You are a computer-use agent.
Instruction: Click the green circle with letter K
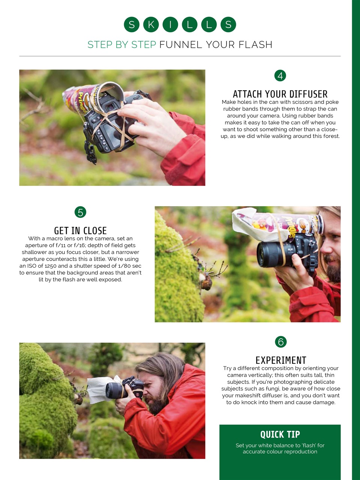point(151,25)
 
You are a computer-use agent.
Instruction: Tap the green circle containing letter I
point(170,25)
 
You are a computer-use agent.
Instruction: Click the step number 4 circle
point(280,76)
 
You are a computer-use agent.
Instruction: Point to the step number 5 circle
point(80,212)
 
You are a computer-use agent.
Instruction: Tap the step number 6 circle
point(280,342)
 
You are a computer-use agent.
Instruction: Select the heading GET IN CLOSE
point(80,231)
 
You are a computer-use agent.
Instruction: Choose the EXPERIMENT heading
point(281,360)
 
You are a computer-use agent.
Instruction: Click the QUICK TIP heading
point(280,435)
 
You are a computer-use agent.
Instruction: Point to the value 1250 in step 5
point(50,266)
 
